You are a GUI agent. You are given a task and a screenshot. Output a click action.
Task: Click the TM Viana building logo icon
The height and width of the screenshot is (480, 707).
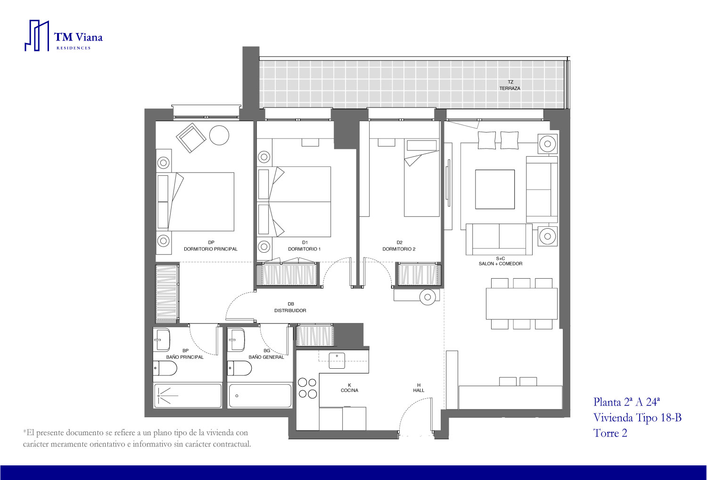(x=37, y=36)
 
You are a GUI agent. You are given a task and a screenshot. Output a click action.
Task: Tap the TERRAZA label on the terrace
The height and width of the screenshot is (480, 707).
(x=510, y=89)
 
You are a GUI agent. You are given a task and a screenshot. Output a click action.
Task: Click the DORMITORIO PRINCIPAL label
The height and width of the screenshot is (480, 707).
(x=211, y=249)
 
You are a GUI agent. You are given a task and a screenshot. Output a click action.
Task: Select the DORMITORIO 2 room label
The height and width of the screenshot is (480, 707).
(x=399, y=249)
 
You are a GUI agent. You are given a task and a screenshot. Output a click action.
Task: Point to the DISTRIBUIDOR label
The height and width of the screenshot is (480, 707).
(x=290, y=310)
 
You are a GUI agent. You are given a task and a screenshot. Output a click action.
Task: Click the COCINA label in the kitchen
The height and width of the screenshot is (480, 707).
(x=349, y=390)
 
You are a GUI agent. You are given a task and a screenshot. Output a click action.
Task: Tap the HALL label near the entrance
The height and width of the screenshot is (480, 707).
(x=419, y=390)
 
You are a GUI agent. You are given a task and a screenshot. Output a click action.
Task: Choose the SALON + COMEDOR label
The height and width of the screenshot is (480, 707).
(x=501, y=264)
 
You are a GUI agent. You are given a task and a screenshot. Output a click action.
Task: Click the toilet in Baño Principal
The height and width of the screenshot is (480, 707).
(x=165, y=368)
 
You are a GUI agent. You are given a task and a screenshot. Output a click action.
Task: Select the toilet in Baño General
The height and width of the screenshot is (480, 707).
(x=239, y=368)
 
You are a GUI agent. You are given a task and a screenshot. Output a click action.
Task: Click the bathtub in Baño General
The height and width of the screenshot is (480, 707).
(x=260, y=396)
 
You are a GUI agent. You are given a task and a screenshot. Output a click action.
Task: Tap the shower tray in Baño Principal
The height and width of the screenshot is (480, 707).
(x=188, y=396)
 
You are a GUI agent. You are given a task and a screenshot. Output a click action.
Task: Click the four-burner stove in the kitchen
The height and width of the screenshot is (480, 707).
(x=307, y=389)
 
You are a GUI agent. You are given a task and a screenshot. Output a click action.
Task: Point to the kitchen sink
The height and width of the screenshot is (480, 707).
(x=337, y=361)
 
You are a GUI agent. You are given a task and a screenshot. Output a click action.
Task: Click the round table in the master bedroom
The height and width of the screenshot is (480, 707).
(x=219, y=135)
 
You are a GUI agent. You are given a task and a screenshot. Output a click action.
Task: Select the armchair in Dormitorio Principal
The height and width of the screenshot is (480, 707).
(x=191, y=138)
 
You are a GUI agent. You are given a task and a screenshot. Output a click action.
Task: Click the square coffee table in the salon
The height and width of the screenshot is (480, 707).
(x=495, y=189)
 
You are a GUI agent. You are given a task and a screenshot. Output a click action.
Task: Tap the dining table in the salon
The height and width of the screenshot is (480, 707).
(x=522, y=304)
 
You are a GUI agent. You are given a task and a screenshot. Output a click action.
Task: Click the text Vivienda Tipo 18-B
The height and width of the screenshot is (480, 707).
(x=637, y=417)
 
